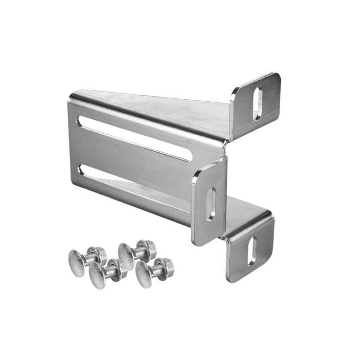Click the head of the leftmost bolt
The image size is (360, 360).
[77, 257]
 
